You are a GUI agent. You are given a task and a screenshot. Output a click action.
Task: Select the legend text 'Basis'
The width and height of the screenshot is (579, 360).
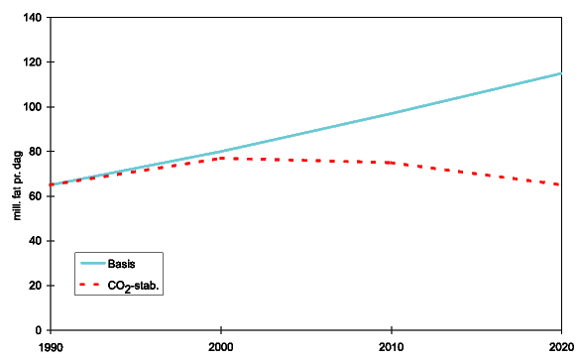click(122, 265)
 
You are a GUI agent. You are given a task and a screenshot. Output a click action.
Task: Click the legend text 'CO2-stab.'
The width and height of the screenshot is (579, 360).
click(134, 286)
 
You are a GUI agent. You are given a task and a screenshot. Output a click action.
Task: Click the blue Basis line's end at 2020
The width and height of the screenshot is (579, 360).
click(561, 73)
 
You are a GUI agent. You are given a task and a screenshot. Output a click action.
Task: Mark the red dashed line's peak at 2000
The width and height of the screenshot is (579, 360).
click(221, 158)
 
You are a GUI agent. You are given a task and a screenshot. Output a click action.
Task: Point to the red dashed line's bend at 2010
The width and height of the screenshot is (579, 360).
click(392, 163)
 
